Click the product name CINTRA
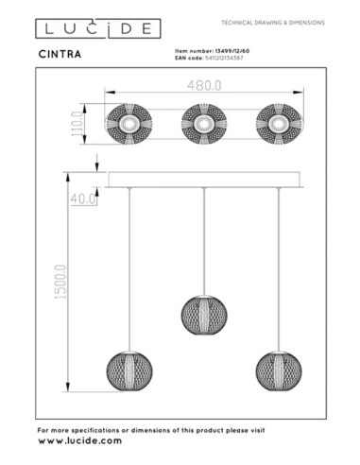coord(60,54)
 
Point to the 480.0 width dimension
coord(204,86)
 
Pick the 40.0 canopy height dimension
coord(84,198)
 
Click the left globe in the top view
coord(126,124)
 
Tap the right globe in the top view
coord(278,124)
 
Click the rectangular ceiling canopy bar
coord(203,180)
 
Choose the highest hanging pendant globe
coord(202,314)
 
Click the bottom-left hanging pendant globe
coord(128,370)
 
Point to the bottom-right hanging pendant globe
coord(278,370)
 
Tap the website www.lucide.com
coord(79,440)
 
